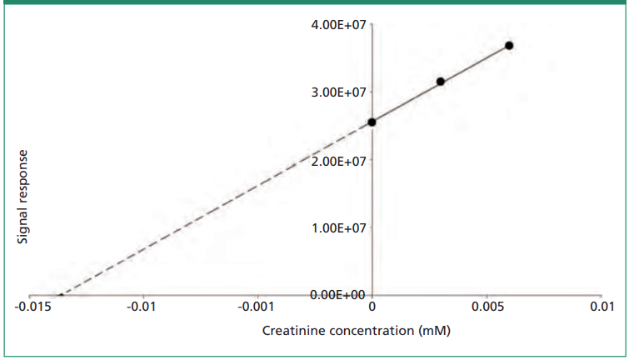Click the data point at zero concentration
[372, 122]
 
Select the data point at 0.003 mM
[441, 82]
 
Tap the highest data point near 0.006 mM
[509, 46]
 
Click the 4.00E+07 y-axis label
[337, 25]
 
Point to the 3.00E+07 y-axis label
[337, 92]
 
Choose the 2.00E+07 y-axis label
[337, 160]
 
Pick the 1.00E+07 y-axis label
[337, 227]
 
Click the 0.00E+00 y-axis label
[337, 295]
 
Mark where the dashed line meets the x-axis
[59, 295]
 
